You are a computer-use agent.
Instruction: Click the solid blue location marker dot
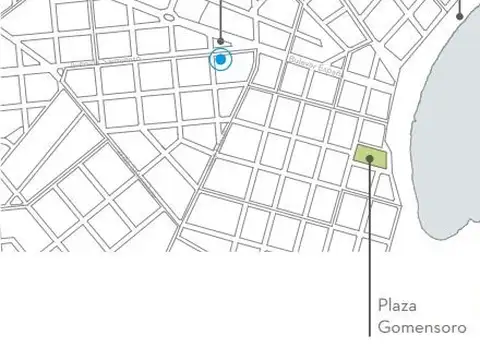220,60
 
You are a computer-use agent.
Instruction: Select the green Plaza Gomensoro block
369,157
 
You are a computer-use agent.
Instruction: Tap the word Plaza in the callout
397,306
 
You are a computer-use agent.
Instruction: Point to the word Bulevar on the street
301,63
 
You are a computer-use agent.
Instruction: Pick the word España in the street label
329,71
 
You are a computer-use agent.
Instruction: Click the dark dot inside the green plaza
369,157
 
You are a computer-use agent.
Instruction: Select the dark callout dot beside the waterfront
460,14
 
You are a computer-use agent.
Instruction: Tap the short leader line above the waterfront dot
460,5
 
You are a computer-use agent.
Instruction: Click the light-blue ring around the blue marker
229,60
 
